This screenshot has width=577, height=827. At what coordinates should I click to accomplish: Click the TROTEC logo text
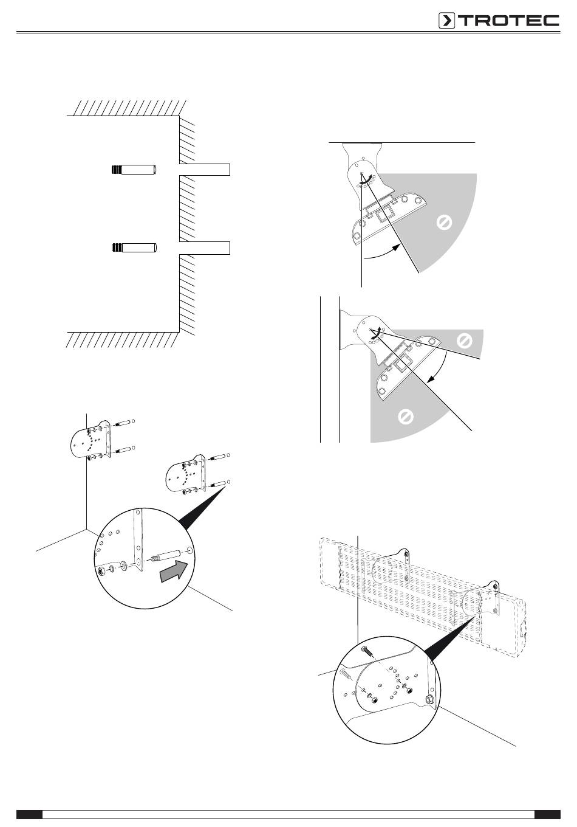[509, 21]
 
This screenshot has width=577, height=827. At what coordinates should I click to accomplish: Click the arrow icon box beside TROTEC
[446, 21]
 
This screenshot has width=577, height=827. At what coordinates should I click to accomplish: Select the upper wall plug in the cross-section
[134, 170]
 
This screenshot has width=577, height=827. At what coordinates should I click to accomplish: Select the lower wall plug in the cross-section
[134, 247]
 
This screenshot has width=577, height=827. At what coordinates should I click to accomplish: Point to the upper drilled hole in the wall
[205, 170]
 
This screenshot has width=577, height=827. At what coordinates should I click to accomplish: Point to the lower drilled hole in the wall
[205, 247]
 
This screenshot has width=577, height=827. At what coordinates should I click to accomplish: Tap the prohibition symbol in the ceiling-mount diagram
[444, 223]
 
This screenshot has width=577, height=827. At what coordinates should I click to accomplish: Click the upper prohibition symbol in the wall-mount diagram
[464, 341]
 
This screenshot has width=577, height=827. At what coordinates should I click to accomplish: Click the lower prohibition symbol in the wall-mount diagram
[406, 417]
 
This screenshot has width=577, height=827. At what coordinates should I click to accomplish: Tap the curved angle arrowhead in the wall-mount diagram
[430, 379]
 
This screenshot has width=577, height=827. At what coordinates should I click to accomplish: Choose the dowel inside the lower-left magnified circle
[164, 556]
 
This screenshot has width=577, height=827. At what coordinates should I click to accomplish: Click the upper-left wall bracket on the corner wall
[90, 439]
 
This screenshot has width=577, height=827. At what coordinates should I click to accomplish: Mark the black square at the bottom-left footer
[29, 814]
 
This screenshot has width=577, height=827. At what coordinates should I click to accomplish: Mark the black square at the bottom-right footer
[547, 814]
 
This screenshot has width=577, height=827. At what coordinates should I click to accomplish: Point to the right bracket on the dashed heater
[480, 600]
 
